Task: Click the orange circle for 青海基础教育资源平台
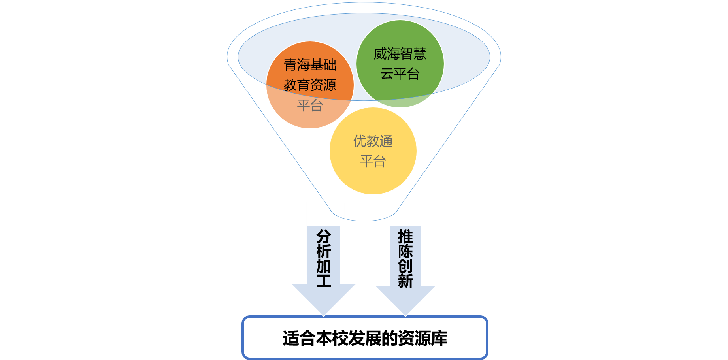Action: click(x=310, y=85)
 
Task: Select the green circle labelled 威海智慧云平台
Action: click(x=400, y=64)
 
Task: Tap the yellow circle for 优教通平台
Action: click(x=373, y=151)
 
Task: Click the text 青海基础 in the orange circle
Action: click(x=310, y=65)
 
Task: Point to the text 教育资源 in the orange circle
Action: click(x=310, y=85)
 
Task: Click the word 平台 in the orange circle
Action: click(x=310, y=106)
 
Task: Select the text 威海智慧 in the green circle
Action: click(x=400, y=54)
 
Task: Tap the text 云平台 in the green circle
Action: click(x=400, y=74)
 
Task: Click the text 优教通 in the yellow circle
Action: click(x=373, y=141)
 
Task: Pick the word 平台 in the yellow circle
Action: click(x=373, y=161)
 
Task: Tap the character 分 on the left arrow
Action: click(x=324, y=237)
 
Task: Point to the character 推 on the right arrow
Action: click(x=405, y=237)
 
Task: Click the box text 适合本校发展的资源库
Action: click(x=365, y=339)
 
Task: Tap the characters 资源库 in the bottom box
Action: click(x=422, y=339)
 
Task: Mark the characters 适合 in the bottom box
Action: click(x=299, y=339)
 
